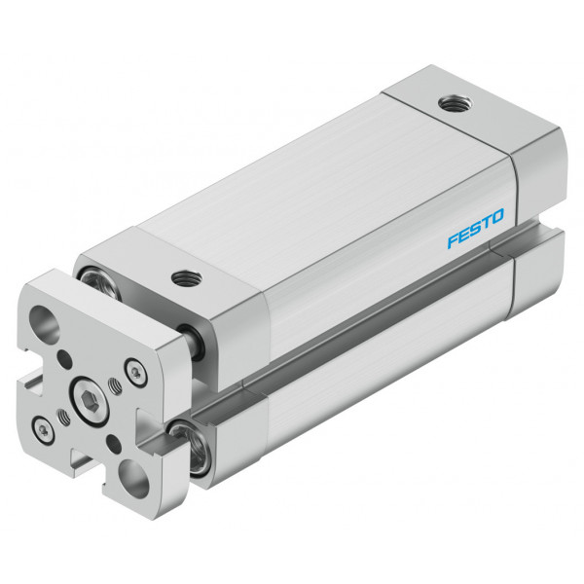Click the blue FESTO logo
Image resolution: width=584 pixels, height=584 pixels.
pos(476,228)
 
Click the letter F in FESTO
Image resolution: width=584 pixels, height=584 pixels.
pos(454,240)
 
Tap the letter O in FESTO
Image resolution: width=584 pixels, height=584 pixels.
pos(497,216)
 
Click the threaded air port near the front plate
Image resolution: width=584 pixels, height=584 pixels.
pos(187,278)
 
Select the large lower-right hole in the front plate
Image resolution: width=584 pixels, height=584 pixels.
pos(134,479)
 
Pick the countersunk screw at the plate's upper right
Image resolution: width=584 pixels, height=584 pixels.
pos(135,372)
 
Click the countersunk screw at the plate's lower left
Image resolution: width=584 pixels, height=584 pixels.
pos(44,431)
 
